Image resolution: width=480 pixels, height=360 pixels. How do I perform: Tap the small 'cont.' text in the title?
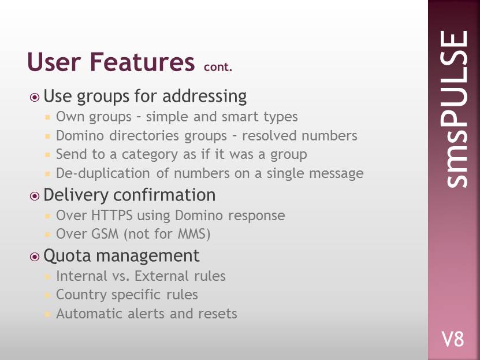pos(218,67)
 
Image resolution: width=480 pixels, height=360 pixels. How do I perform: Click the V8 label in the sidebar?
pos(453,339)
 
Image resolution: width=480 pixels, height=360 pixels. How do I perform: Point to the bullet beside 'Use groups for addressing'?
pos(35,97)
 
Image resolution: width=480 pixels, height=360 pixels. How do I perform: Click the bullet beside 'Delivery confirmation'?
pos(35,196)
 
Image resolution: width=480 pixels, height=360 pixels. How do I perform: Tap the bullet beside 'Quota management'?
pos(35,257)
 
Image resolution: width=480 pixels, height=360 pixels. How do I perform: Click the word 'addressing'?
pos(204,97)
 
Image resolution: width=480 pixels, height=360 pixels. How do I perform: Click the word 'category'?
pos(150,155)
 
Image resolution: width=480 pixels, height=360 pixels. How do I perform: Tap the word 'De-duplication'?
pos(103,173)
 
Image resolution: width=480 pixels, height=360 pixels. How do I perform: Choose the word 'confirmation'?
pos(165,195)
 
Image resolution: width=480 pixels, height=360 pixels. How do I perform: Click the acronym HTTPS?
pos(111,215)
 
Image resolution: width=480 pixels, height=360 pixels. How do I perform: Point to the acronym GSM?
pos(105,234)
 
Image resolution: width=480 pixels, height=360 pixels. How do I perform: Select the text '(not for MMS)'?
pos(167,234)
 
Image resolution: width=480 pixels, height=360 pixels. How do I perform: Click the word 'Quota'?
pos(68,255)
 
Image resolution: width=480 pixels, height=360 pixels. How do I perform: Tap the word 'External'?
pos(162,276)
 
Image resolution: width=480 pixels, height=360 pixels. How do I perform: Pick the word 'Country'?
pos(81,295)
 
